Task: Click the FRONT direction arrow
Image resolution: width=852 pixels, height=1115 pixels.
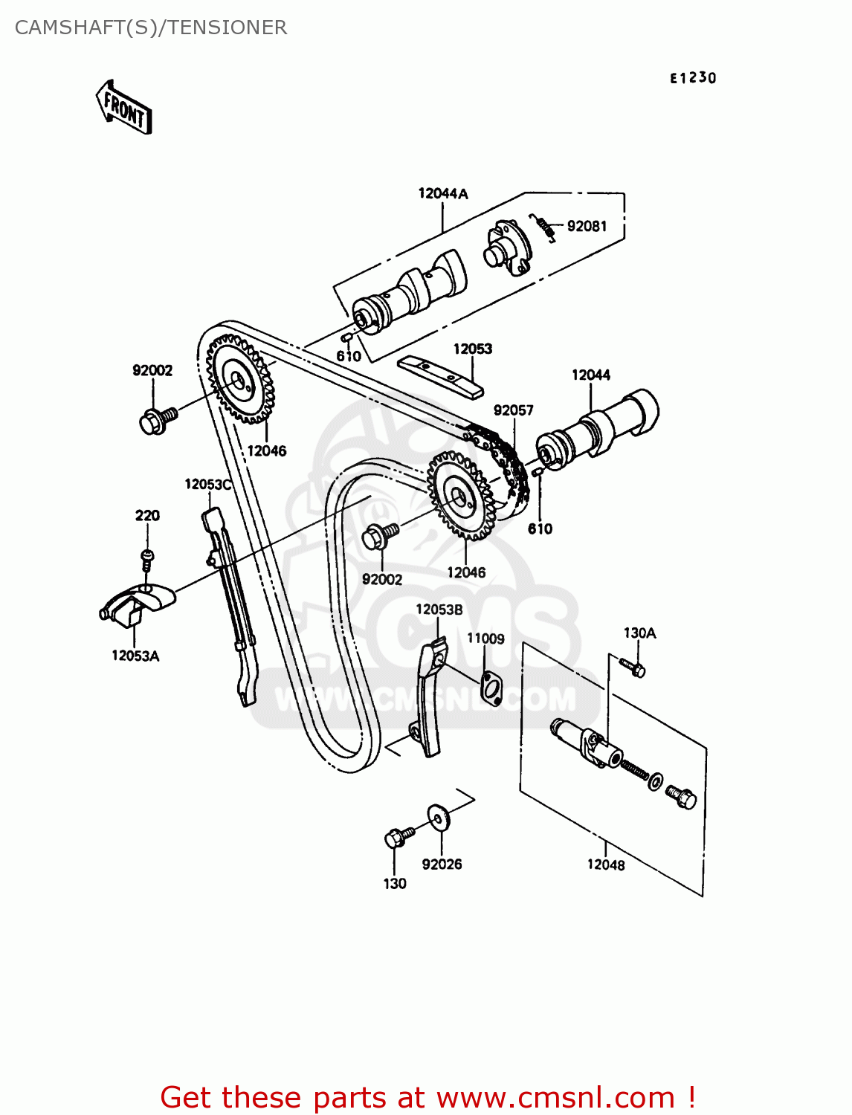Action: [x=124, y=109]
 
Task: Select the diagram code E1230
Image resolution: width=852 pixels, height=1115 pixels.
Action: [x=693, y=78]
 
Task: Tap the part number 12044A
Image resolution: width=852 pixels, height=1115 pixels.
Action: [x=443, y=194]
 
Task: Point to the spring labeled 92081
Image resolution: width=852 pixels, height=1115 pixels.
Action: [x=543, y=226]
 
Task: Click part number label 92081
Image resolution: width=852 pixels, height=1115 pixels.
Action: [x=587, y=226]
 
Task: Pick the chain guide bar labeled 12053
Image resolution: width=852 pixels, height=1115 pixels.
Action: [x=440, y=376]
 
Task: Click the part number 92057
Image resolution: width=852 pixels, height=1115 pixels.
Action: [x=513, y=410]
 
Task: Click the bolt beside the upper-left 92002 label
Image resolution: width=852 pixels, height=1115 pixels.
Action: [x=157, y=419]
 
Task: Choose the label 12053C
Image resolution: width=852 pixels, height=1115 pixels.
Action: [x=208, y=485]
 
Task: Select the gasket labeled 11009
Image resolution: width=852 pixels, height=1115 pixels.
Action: [x=491, y=687]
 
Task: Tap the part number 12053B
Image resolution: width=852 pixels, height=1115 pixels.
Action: [x=439, y=610]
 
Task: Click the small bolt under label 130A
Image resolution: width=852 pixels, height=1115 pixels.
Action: [x=633, y=667]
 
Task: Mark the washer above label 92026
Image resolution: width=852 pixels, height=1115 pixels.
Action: [x=438, y=816]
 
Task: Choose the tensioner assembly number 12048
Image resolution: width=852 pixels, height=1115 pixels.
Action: [x=606, y=864]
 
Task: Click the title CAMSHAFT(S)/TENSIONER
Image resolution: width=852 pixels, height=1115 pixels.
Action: [x=151, y=28]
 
